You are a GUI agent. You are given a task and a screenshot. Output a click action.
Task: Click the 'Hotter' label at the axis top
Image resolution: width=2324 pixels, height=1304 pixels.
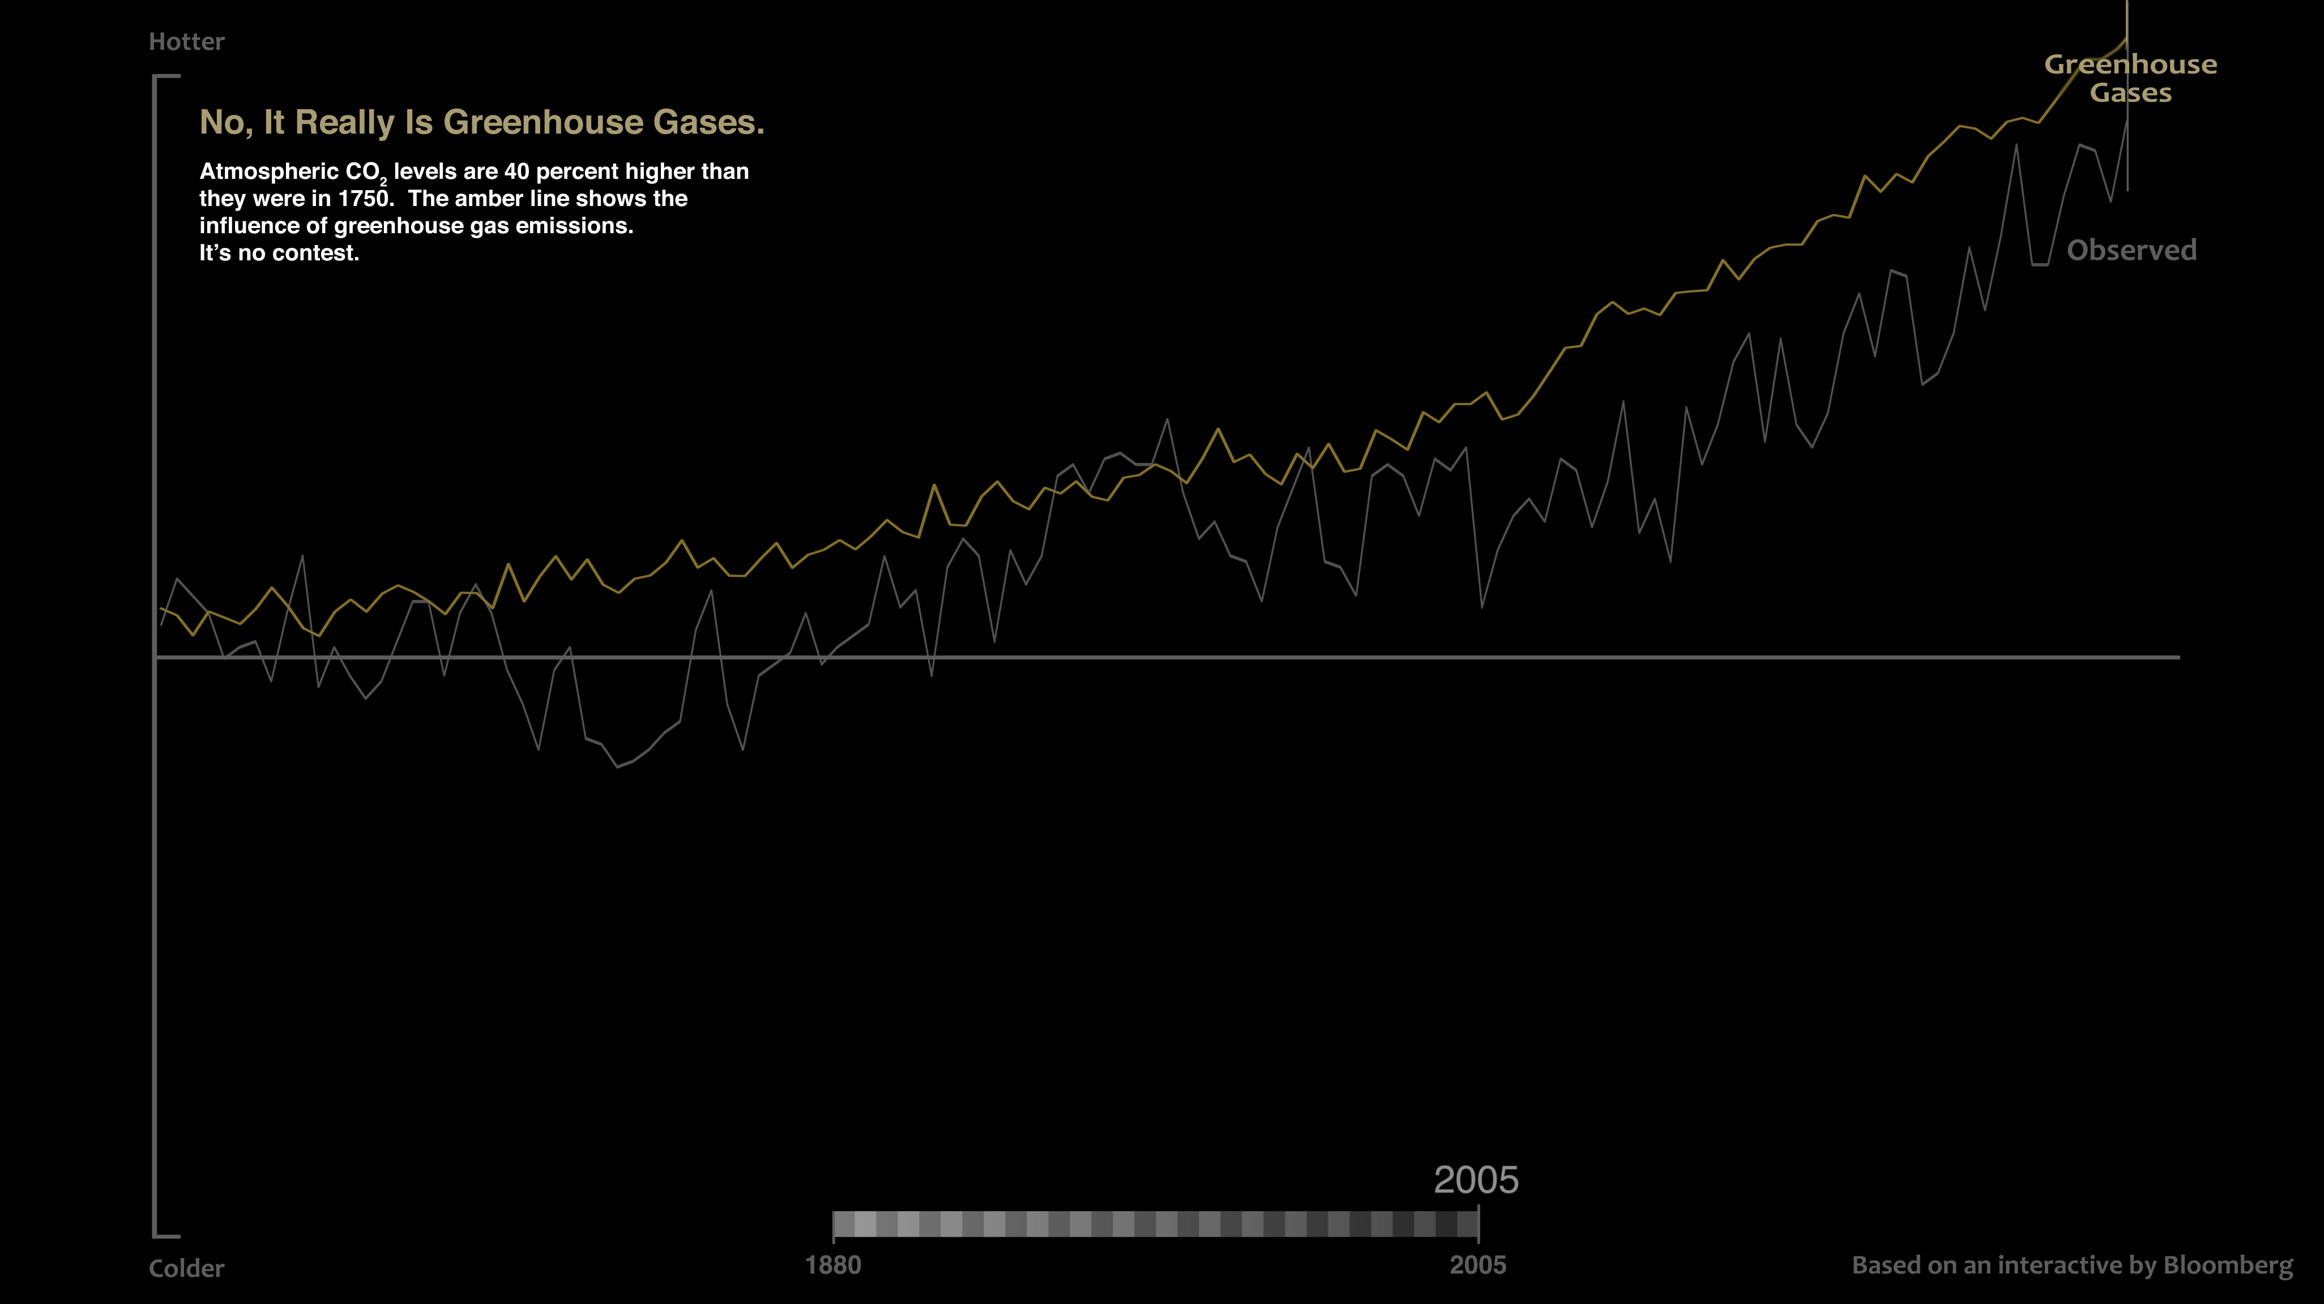187,41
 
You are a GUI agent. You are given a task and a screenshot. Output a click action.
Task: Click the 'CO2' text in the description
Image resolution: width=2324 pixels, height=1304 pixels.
365,172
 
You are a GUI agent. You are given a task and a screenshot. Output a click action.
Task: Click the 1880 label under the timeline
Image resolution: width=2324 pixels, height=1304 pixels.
832,1265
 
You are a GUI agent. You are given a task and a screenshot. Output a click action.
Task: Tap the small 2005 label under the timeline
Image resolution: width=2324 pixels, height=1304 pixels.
1478,1265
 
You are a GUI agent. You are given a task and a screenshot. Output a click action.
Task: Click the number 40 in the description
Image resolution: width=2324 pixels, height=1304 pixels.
517,171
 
